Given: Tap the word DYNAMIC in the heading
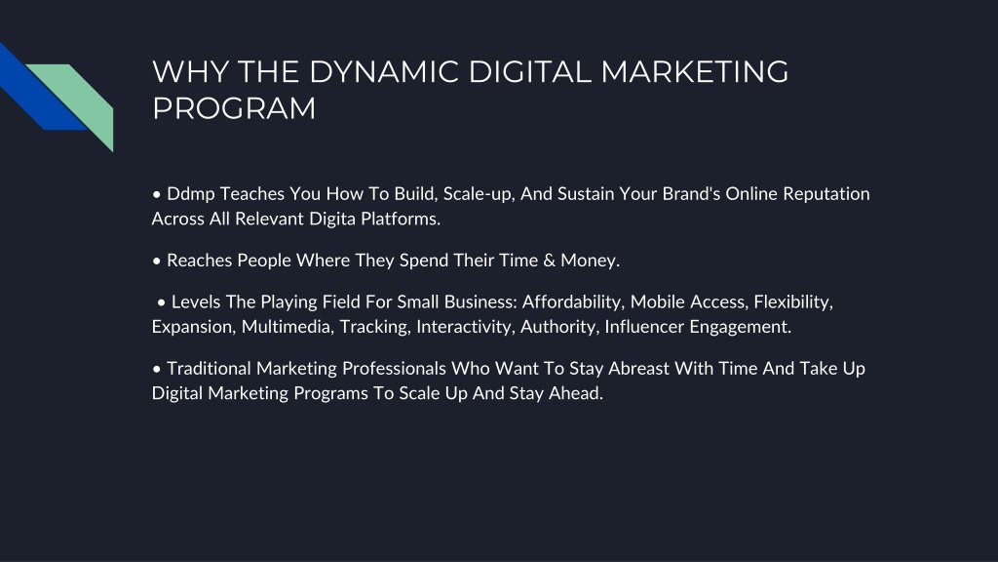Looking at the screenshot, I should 366,72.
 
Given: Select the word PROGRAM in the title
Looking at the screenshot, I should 234,108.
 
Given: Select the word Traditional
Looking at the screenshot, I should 210,369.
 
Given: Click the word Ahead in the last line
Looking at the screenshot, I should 578,393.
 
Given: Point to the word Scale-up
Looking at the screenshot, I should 480,193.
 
